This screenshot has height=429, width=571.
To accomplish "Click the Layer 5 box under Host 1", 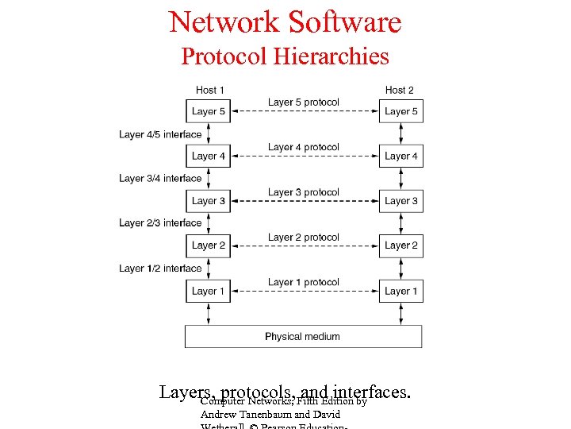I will tap(209, 111).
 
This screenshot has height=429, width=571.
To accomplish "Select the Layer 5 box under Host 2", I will tap(400, 111).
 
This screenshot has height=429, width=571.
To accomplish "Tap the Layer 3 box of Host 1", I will tap(209, 201).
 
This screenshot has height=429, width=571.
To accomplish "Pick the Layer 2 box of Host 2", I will tap(400, 245).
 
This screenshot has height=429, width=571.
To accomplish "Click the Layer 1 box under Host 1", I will tap(209, 291).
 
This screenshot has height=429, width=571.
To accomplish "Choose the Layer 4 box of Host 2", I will tap(400, 157).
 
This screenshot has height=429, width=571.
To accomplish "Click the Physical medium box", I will tap(303, 336).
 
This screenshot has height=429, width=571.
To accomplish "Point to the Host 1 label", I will tap(210, 90).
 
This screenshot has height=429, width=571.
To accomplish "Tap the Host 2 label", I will tap(400, 90).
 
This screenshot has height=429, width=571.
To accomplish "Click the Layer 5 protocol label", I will tap(303, 102).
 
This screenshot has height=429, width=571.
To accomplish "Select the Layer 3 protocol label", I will tap(303, 192).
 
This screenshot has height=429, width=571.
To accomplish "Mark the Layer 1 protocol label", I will tap(303, 282).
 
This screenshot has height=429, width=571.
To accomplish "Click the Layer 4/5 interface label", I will tap(160, 134).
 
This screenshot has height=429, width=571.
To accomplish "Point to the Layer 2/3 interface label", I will tap(160, 223).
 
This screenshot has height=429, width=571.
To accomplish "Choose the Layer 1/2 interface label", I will tap(160, 269).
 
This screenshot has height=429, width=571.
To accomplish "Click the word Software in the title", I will tap(344, 22).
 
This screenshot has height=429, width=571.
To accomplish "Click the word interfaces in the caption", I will tap(370, 392).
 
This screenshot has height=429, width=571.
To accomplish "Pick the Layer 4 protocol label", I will tap(303, 147).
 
